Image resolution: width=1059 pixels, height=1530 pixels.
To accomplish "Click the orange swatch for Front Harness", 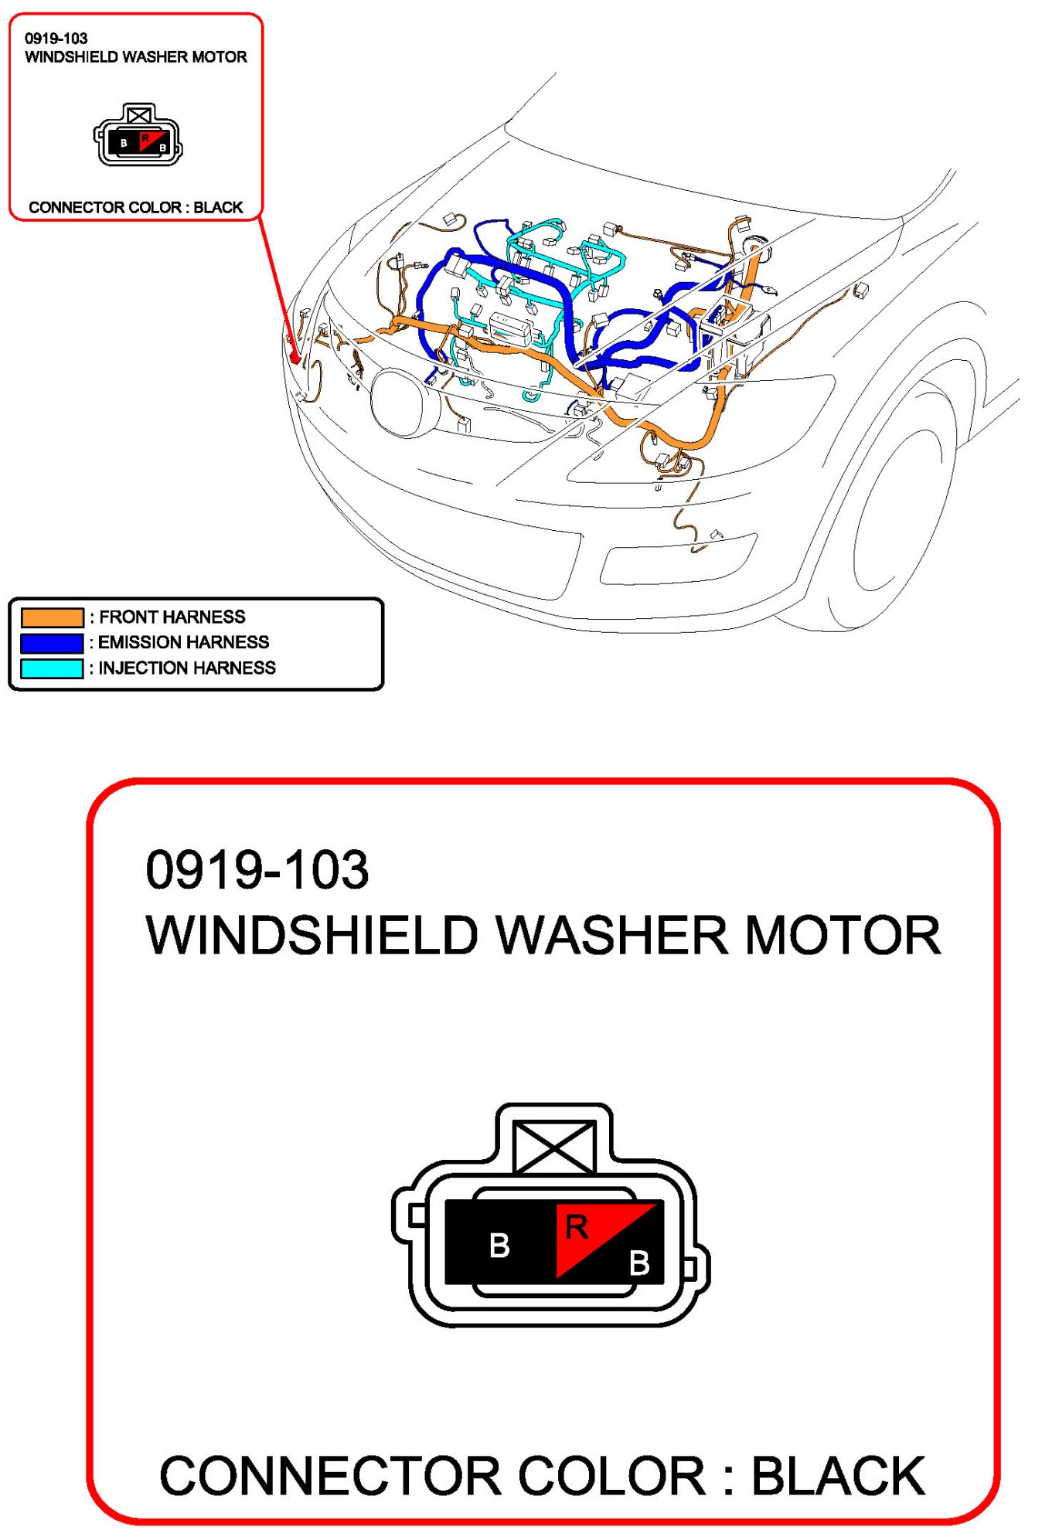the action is (x=52, y=617).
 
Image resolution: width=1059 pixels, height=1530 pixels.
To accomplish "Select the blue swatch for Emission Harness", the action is (x=52, y=643).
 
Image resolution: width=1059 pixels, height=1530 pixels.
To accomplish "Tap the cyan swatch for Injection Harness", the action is (x=52, y=668).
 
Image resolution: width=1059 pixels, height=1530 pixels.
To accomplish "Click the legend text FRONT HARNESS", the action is (x=172, y=617).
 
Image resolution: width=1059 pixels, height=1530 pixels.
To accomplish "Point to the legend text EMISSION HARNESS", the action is (x=183, y=643).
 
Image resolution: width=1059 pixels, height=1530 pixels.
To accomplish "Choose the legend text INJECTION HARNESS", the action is (x=186, y=668).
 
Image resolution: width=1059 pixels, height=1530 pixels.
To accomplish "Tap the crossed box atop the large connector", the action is (x=554, y=1148).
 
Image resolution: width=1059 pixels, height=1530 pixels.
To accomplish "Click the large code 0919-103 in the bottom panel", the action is (x=257, y=870).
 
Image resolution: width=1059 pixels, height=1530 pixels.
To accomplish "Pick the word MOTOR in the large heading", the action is (x=843, y=936).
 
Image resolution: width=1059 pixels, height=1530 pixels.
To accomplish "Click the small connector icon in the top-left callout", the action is (x=138, y=136).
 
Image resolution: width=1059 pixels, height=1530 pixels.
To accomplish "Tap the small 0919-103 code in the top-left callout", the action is (x=56, y=39).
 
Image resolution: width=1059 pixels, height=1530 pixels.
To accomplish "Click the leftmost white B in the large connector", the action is (x=499, y=1246).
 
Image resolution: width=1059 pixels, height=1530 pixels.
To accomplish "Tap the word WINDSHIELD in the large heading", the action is (x=312, y=936).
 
